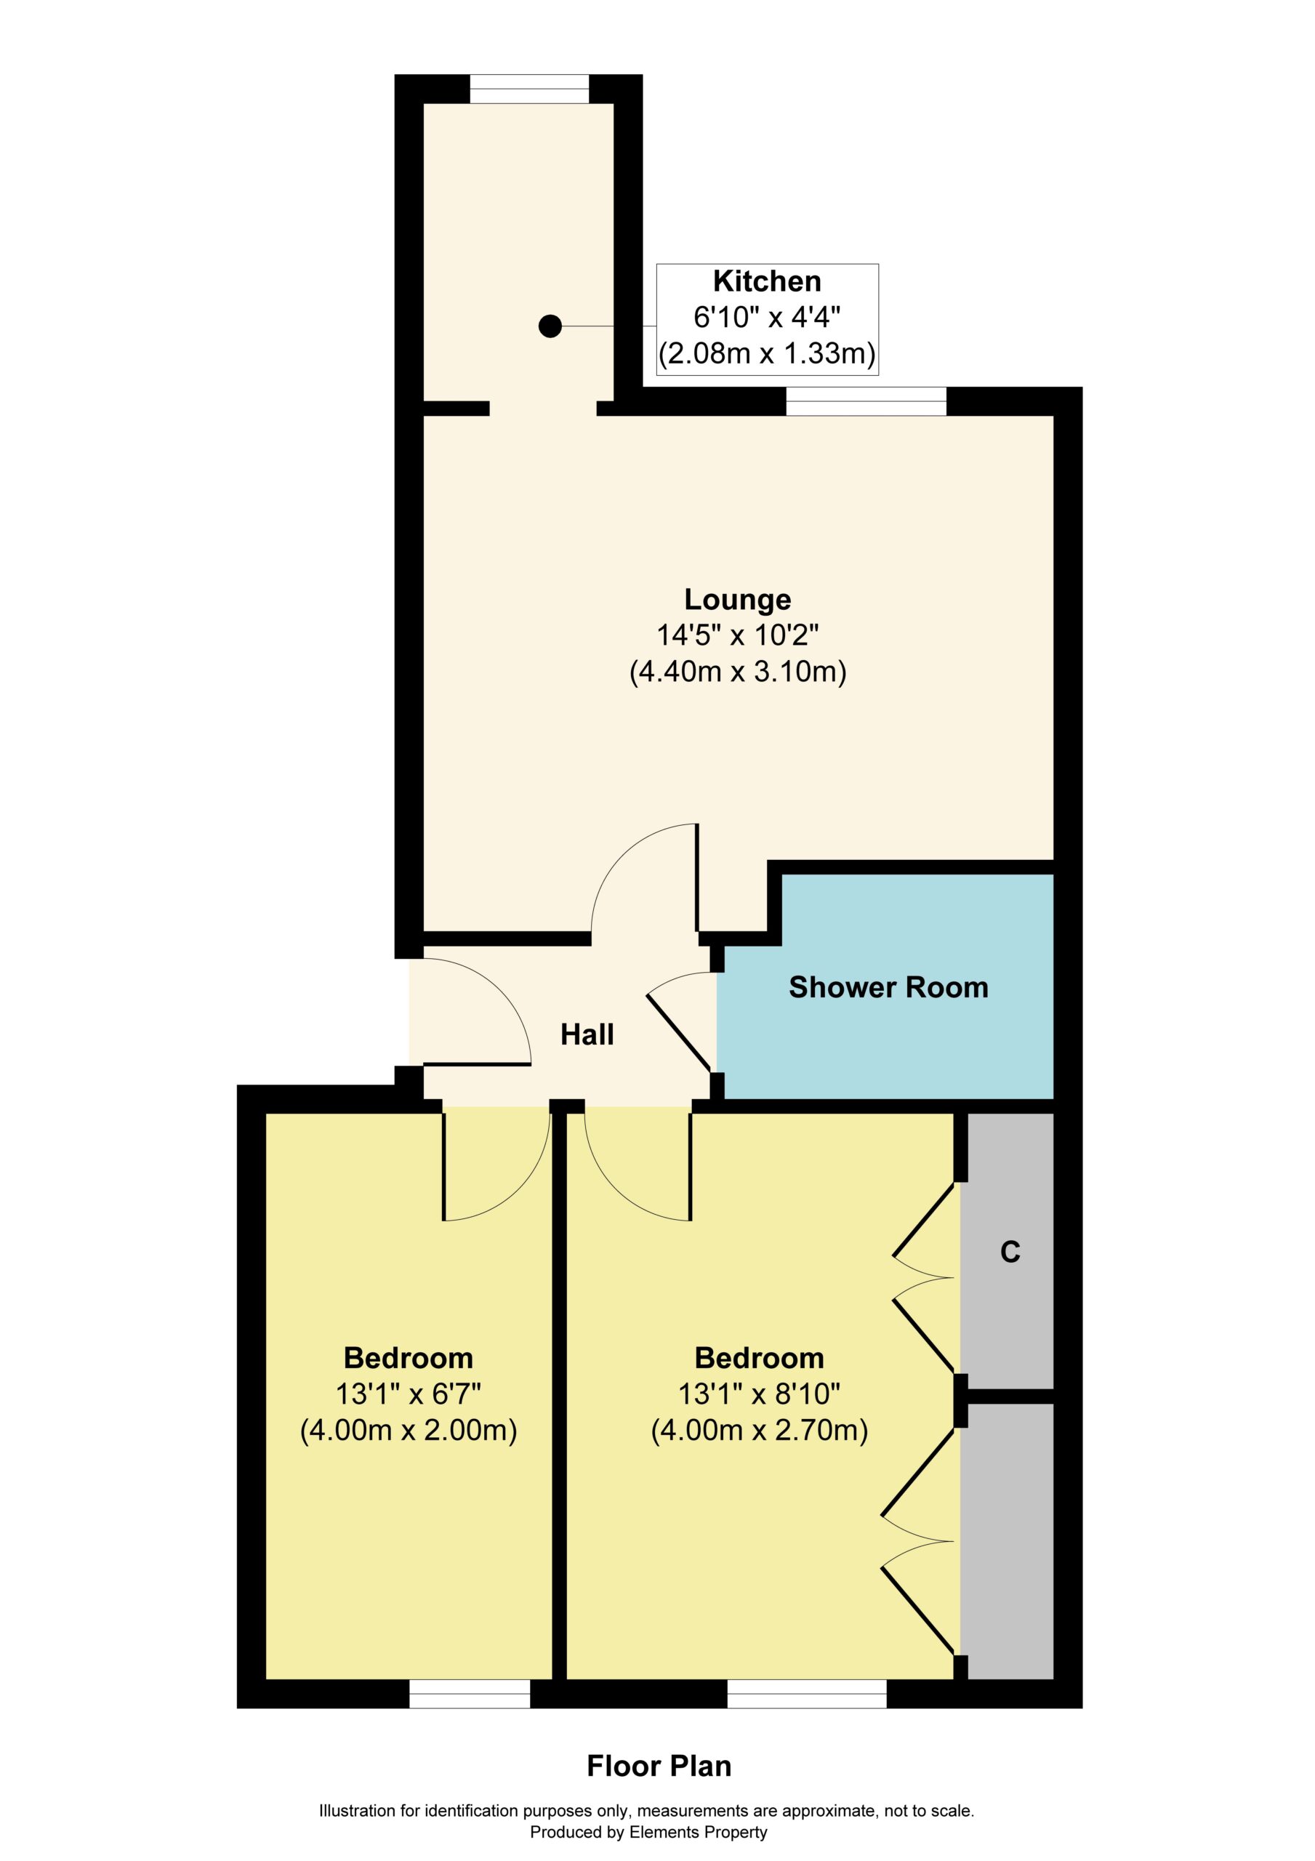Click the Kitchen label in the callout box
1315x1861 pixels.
(767, 281)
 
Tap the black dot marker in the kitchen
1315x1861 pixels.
(550, 326)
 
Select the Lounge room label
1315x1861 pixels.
(738, 599)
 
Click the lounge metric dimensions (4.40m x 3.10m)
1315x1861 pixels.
(738, 672)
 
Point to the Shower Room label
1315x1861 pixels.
(888, 986)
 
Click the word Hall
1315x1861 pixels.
(588, 1034)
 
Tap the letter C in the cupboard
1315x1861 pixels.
(1010, 1252)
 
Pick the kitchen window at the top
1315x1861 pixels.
(529, 89)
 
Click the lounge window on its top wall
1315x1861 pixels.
(866, 401)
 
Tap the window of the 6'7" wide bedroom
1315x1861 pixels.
(470, 1694)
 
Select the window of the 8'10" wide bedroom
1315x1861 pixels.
(807, 1694)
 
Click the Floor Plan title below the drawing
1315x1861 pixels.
(659, 1766)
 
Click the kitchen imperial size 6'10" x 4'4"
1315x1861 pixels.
(767, 317)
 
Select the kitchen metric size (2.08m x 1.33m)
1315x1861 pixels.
(767, 354)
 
